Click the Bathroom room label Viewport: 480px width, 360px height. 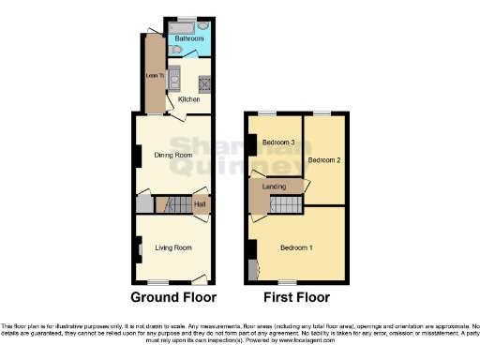(188, 39)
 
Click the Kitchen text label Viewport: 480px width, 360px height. (187, 97)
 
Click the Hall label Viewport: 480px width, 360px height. (200, 202)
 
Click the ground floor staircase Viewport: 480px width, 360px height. (172, 202)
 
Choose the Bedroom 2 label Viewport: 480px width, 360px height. (324, 160)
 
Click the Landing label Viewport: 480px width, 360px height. (274, 187)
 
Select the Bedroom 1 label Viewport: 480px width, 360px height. (297, 247)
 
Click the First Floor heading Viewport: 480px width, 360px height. (295, 298)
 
